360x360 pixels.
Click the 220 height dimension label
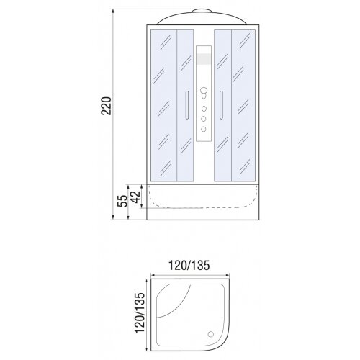[x=106, y=106]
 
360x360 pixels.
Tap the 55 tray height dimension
[x=122, y=201]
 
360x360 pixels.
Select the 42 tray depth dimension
[x=135, y=197]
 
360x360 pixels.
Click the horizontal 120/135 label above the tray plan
[x=189, y=266]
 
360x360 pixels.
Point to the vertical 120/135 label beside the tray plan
[x=140, y=312]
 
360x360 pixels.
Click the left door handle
[x=187, y=105]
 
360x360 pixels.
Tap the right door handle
[x=221, y=105]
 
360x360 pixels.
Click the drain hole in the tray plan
[x=210, y=334]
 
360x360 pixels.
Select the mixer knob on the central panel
[x=204, y=91]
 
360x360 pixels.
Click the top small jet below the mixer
[x=204, y=109]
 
